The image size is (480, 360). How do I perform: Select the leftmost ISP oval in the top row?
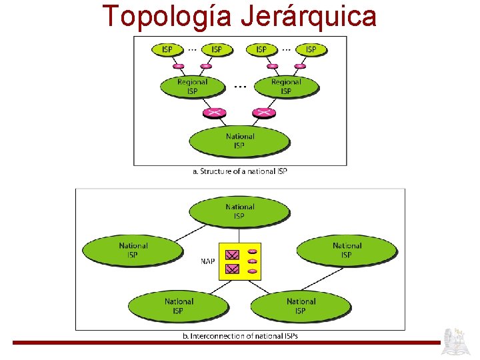click(167, 49)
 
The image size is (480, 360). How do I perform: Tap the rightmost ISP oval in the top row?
click(311, 49)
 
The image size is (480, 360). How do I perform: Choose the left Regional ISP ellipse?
click(192, 86)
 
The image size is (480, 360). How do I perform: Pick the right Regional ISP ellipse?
click(286, 86)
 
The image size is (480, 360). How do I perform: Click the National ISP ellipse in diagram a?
click(239, 141)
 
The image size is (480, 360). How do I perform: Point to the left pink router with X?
click(215, 113)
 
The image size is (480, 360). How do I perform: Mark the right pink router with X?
click(264, 113)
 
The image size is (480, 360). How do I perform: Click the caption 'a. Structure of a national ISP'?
click(240, 171)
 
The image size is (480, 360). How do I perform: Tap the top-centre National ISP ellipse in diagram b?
click(239, 211)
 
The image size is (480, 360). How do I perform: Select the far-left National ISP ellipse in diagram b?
click(133, 250)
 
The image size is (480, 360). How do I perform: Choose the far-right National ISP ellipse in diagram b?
click(347, 250)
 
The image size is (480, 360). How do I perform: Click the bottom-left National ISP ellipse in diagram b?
click(178, 306)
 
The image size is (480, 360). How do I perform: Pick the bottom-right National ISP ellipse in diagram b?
click(300, 306)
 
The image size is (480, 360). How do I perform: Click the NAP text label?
click(208, 261)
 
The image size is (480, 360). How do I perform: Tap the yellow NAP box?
click(241, 261)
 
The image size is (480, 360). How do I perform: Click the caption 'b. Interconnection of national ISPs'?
click(240, 336)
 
